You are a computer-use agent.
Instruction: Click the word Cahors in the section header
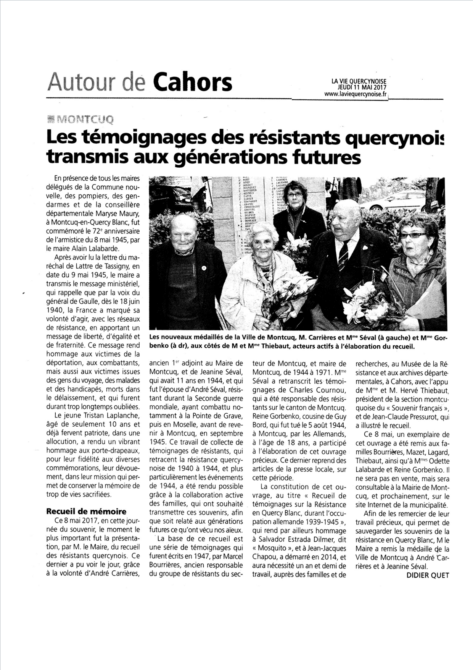[x=192, y=83]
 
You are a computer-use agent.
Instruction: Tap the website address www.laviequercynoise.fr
[x=356, y=94]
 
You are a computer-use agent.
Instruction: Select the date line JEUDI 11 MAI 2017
[x=359, y=87]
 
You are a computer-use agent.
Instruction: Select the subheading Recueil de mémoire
[x=86, y=511]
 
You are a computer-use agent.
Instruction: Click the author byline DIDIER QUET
[x=428, y=575]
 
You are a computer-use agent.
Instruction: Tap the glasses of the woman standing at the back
[x=294, y=195]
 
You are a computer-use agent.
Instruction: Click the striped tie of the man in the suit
[x=343, y=253]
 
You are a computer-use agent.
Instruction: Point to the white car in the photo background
[x=401, y=201]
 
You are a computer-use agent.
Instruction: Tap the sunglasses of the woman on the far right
[x=413, y=235]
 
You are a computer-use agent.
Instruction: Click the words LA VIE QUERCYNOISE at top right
[x=359, y=81]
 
